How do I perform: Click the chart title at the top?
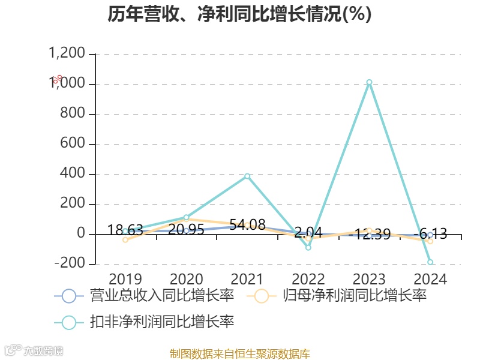click(240, 14)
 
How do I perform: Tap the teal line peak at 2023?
click(369, 82)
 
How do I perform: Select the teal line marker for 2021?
click(247, 176)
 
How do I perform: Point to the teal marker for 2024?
click(430, 262)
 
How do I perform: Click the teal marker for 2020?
click(186, 217)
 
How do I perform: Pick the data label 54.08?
click(247, 225)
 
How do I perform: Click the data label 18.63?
click(125, 230)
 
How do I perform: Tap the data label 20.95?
click(186, 230)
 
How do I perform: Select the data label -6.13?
click(430, 234)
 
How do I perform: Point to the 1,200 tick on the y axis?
click(68, 54)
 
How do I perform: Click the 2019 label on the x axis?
click(125, 279)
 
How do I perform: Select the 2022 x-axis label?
click(308, 279)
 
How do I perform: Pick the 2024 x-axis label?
click(430, 279)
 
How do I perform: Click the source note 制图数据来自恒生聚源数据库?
click(240, 354)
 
